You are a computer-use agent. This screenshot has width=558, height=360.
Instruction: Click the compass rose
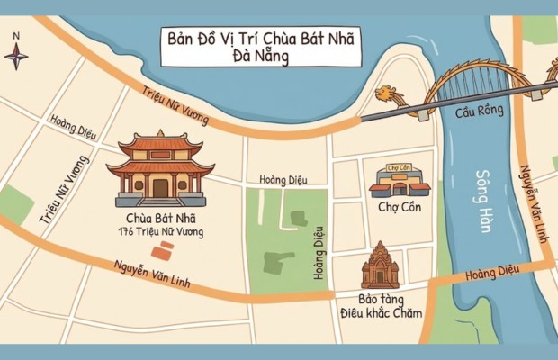pyautogui.click(x=16, y=56)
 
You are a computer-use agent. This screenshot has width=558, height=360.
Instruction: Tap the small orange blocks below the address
pyautogui.click(x=163, y=249)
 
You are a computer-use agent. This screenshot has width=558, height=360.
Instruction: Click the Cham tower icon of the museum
pyautogui.click(x=379, y=265)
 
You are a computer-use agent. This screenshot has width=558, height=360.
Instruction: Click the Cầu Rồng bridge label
pyautogui.click(x=474, y=113)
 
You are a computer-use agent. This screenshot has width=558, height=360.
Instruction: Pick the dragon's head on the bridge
pyautogui.click(x=387, y=94)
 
